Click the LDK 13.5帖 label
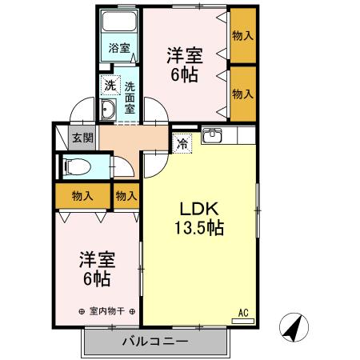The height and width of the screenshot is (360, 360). click(199, 218)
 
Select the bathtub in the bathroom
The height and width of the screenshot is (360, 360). click(120, 25)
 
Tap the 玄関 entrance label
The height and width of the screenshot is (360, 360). click(82, 138)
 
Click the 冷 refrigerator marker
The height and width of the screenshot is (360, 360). click(183, 143)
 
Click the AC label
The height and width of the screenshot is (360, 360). click(244, 313)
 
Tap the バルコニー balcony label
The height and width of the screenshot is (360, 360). click(155, 342)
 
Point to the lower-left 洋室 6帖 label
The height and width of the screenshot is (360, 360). click(98, 269)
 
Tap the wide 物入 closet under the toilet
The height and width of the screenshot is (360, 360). click(82, 194)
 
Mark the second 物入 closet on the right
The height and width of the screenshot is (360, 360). click(242, 94)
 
